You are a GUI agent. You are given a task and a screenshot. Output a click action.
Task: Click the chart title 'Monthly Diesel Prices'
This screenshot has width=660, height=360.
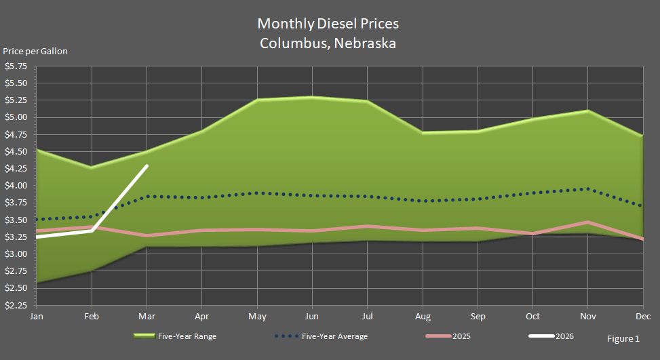click(x=328, y=24)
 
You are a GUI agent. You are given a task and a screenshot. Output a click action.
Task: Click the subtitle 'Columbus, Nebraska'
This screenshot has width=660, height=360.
click(x=328, y=43)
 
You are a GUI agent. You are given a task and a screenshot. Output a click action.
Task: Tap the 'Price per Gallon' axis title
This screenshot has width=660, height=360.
click(x=35, y=52)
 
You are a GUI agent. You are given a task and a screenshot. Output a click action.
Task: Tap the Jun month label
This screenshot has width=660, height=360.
click(x=312, y=317)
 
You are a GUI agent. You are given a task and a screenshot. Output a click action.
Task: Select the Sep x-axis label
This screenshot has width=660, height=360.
click(x=478, y=317)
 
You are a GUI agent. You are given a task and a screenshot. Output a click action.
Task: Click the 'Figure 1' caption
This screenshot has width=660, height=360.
click(x=623, y=338)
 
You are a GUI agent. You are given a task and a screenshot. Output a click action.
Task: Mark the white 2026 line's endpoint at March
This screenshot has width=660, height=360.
click(x=147, y=165)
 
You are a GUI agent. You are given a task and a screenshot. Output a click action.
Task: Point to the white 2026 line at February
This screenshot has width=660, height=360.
click(x=92, y=231)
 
